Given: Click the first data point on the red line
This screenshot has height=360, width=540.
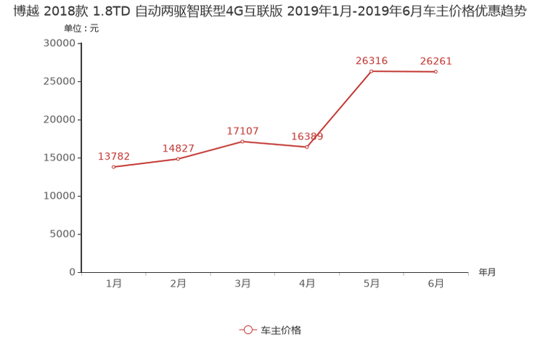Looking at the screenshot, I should [x=112, y=166].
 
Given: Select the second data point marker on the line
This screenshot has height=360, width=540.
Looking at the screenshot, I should [x=178, y=157].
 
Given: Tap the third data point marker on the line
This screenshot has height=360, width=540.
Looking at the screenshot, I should [x=242, y=141].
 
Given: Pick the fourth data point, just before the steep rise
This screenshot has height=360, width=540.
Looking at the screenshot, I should [x=307, y=147].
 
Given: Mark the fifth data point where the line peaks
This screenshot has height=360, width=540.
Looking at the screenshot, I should [x=371, y=70].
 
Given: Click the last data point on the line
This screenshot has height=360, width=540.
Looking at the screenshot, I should [x=435, y=71].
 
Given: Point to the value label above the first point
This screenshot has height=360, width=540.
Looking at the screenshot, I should [x=113, y=155].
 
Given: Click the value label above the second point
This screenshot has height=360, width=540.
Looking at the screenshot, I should [x=178, y=147].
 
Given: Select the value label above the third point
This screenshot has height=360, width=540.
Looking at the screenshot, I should [x=242, y=131].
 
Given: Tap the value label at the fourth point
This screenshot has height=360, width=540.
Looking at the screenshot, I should [x=307, y=136].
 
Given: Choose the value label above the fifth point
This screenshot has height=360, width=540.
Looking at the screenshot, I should [x=371, y=60].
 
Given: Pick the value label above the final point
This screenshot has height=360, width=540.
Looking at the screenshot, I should [x=435, y=61].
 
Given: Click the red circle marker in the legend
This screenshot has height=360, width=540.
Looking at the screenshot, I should [x=247, y=330].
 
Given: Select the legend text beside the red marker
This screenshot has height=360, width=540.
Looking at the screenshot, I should [x=280, y=330].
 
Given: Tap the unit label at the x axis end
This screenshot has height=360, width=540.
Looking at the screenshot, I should [x=486, y=272].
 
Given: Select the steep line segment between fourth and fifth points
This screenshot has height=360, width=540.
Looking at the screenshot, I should [x=339, y=109].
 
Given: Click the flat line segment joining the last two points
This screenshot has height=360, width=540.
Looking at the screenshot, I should [x=404, y=71].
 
